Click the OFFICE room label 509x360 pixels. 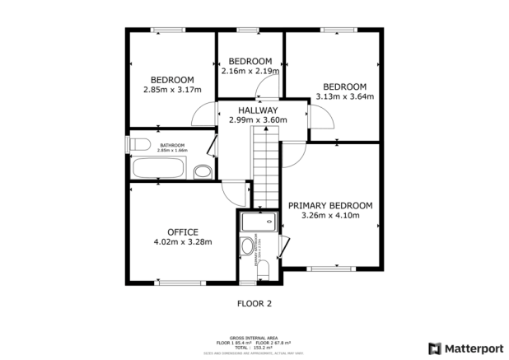pyautogui.click(x=183, y=231)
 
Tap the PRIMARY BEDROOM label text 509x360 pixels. pyautogui.click(x=329, y=205)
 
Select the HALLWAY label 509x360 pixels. pyautogui.click(x=258, y=110)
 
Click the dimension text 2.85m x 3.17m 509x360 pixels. pyautogui.click(x=172, y=90)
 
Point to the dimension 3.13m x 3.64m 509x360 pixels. pyautogui.click(x=344, y=97)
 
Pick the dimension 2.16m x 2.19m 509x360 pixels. pyautogui.click(x=250, y=72)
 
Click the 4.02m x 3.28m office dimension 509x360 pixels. pyautogui.click(x=183, y=242)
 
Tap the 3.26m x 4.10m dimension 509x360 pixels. pyautogui.click(x=329, y=216)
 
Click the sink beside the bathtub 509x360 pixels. pyautogui.click(x=202, y=171)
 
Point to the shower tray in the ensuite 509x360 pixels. pyautogui.click(x=259, y=221)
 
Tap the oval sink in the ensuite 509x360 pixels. pyautogui.click(x=247, y=246)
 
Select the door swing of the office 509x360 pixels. pyautogui.click(x=235, y=191)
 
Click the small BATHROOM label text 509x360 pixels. pyautogui.click(x=172, y=145)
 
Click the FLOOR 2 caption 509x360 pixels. pyautogui.click(x=254, y=303)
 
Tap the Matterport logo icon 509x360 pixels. pyautogui.click(x=434, y=347)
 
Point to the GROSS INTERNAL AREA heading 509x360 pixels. pyautogui.click(x=254, y=337)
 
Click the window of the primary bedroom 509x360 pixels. pyautogui.click(x=333, y=268)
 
